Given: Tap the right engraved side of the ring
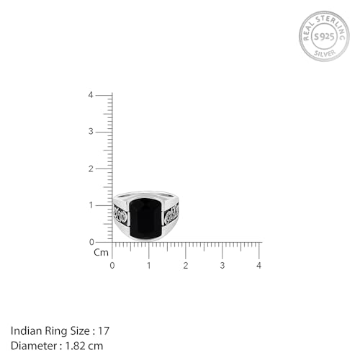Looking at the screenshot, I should pos(171,213).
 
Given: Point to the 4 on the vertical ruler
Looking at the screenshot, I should pos(90,95).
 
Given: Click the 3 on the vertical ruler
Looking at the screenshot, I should pos(90,132).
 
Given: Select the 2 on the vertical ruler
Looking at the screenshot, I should pos(90,168).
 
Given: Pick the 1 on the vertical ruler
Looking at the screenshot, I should pos(90,205).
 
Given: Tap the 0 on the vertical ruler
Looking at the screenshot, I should pos(90,242).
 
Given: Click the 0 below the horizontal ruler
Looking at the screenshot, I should pos(112,266).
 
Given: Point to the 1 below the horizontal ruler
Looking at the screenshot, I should pos(148,266).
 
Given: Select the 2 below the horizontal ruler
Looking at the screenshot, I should pos(185,266).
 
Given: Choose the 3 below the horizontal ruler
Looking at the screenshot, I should pos(222,266).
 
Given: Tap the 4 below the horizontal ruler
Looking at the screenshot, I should pos(258,266).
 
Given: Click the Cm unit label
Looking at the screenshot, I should pos(100,253).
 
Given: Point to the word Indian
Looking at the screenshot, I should pos(24,330).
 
